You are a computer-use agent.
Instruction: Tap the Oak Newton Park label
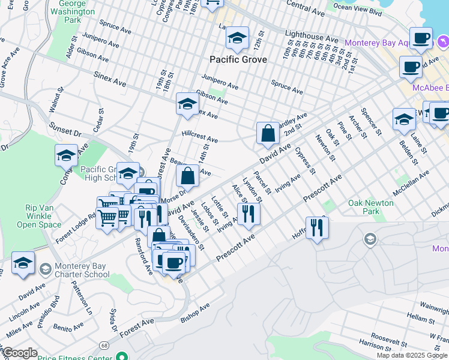371,207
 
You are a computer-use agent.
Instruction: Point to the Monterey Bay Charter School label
82,270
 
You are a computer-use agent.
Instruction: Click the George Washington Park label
77,11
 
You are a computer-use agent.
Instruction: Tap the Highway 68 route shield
104,346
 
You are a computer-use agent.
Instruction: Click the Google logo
19,353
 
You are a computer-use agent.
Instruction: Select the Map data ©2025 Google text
412,355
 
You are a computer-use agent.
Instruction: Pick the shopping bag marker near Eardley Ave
267,134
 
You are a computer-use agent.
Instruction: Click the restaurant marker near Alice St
248,213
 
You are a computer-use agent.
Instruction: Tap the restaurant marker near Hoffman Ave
316,227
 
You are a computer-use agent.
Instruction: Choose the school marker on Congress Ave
66,156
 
